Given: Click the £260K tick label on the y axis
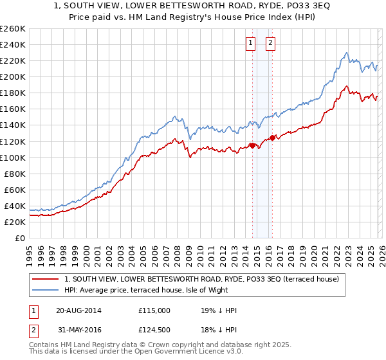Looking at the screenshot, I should tap(13, 29).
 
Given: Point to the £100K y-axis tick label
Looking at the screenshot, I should tap(13, 157).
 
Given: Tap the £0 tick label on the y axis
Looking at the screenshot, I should tap(20, 238).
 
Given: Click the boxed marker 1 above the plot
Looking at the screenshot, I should tap(250, 43).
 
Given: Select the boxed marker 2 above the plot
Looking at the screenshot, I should tap(270, 43).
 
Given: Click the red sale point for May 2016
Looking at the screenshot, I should tap(272, 138).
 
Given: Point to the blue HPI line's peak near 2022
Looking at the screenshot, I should tap(346, 53).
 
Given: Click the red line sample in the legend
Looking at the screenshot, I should tap(46, 278).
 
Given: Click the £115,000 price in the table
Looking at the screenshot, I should tap(154, 310).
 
